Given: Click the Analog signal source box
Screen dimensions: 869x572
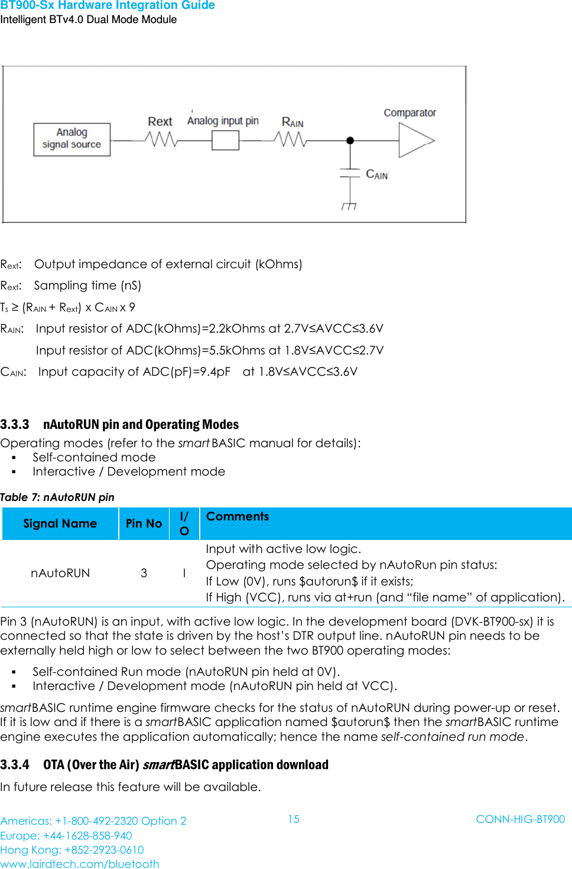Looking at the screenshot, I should [71, 139].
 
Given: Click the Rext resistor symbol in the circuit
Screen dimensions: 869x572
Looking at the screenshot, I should [161, 139].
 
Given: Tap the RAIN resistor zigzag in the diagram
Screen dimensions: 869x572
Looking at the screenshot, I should [290, 139].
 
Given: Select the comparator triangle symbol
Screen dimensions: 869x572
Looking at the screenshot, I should [415, 141].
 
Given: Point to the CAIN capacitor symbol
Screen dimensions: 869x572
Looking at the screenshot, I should [350, 173].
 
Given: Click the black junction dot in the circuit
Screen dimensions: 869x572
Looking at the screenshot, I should [350, 141].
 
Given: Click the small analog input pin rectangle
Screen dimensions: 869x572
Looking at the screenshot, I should [225, 141].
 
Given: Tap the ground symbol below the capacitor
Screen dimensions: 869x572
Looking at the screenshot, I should [349, 206].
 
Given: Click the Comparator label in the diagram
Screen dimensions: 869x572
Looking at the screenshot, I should [409, 113].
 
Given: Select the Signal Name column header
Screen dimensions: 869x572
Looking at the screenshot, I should [60, 523].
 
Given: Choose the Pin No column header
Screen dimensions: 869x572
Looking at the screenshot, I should [144, 523].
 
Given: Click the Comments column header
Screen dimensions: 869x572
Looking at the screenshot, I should [238, 516].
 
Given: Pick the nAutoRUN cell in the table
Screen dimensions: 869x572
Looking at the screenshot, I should [60, 573].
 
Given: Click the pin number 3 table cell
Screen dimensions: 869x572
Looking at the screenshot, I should [144, 573].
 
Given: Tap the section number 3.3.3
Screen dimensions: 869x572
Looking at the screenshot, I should [15, 424].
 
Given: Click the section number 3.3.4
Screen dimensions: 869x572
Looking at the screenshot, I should [15, 764].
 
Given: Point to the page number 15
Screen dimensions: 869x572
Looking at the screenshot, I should [294, 819].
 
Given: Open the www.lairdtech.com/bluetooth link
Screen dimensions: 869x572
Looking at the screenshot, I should [80, 864].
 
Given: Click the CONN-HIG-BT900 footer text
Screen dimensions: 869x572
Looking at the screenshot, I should [520, 819].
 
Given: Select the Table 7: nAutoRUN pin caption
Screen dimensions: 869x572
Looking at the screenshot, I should [57, 497].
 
